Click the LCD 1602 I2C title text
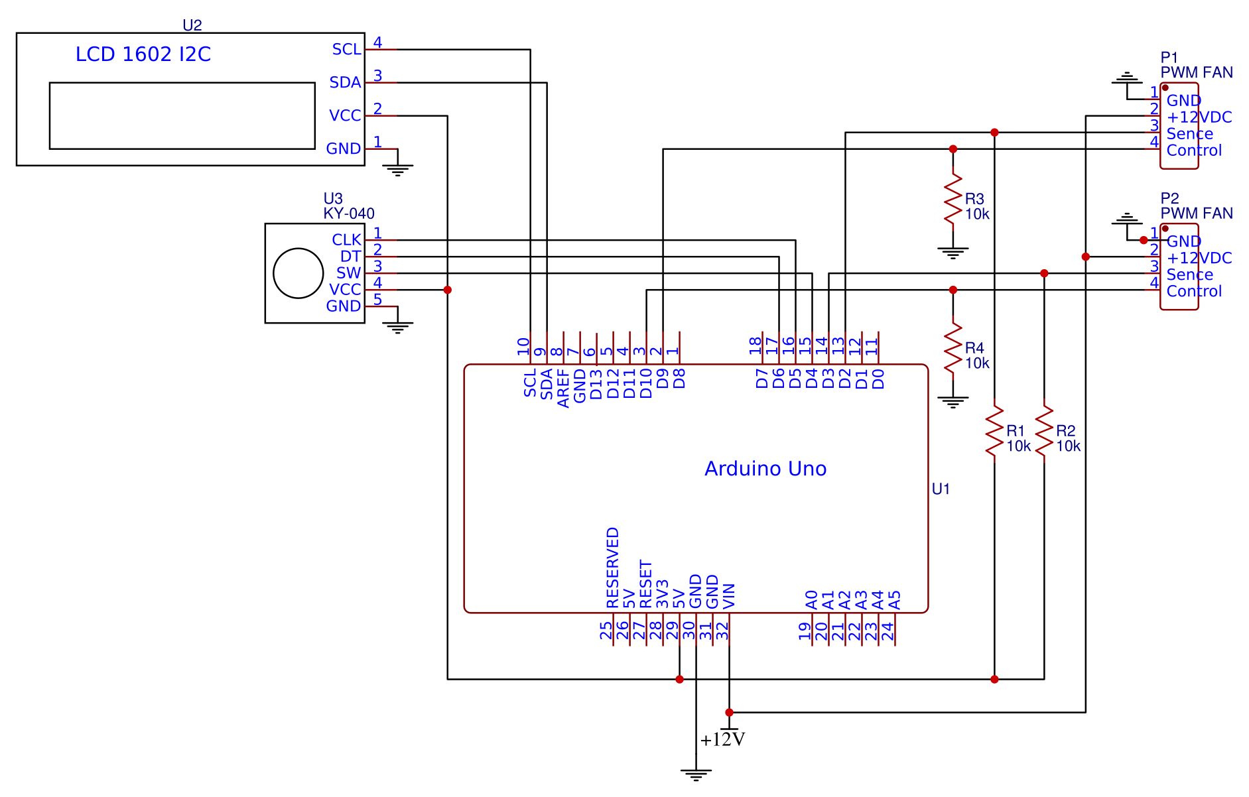(143, 54)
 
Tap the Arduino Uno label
(765, 469)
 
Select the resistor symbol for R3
(953, 199)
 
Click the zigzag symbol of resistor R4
(953, 348)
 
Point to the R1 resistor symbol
(994, 431)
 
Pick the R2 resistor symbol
(1044, 431)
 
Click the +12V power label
(722, 739)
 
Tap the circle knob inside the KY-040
(298, 273)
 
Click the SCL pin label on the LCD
(346, 50)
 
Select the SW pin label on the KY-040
(348, 273)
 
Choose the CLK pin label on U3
(346, 240)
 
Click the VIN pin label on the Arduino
(729, 596)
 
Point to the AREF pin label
(563, 388)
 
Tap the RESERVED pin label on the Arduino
(613, 568)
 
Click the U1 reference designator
(941, 489)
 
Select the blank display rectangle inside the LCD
(182, 116)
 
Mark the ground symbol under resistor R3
(953, 253)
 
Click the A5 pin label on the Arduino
(895, 601)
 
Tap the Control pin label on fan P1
(1194, 151)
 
